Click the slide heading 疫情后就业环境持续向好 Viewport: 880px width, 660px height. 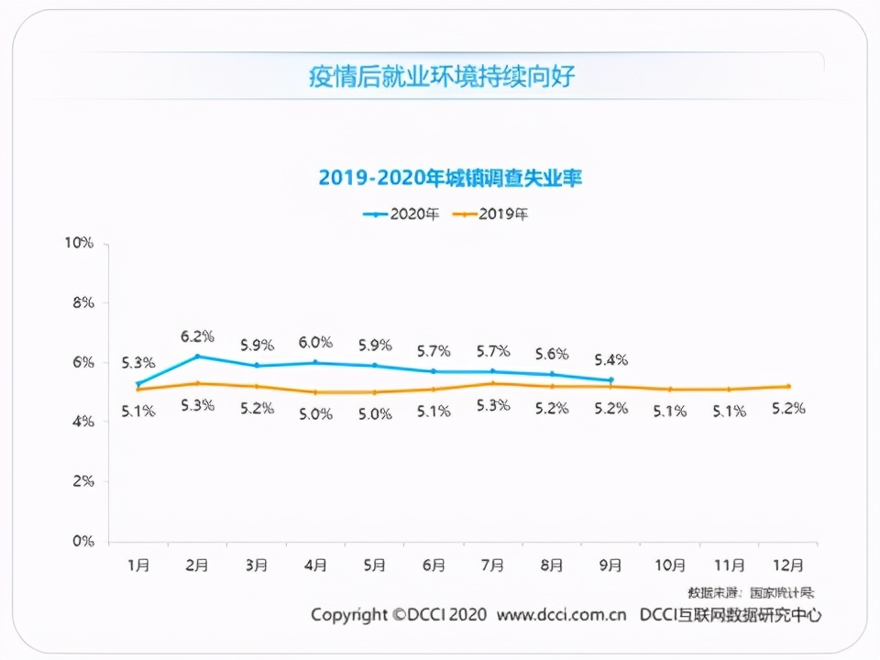click(x=441, y=76)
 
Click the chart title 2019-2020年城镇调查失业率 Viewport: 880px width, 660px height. click(x=450, y=178)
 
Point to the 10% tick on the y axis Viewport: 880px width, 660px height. click(x=79, y=243)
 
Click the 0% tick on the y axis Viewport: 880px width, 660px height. click(x=82, y=541)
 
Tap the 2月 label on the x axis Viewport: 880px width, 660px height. click(x=198, y=566)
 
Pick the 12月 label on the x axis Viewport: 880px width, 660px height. click(x=789, y=566)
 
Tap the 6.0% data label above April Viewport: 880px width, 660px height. click(x=315, y=342)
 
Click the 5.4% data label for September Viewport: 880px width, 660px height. click(x=610, y=359)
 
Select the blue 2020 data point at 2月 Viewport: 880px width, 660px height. click(x=197, y=356)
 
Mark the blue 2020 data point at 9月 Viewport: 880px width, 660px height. click(x=610, y=379)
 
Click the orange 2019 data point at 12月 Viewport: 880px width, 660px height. click(x=788, y=386)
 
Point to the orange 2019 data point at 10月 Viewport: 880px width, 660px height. click(x=670, y=389)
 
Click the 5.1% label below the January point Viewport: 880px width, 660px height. click(x=138, y=412)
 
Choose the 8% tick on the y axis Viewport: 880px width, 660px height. click(x=82, y=302)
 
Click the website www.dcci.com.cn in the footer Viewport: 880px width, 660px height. click(x=561, y=614)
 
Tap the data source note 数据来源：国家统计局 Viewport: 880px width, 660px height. click(x=750, y=592)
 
